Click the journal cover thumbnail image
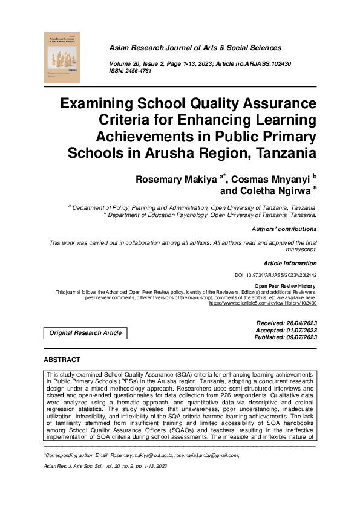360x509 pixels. pyautogui.click(x=62, y=56)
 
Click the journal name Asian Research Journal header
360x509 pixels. pyautogui.click(x=194, y=48)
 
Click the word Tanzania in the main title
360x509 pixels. pyautogui.click(x=280, y=151)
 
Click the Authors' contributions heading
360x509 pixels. pyautogui.click(x=284, y=229)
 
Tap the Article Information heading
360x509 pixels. pyautogui.click(x=290, y=264)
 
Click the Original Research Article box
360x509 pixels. pyautogui.click(x=85, y=333)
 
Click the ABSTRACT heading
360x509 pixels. pyautogui.click(x=62, y=360)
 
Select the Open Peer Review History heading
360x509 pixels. pyautogui.click(x=285, y=285)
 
